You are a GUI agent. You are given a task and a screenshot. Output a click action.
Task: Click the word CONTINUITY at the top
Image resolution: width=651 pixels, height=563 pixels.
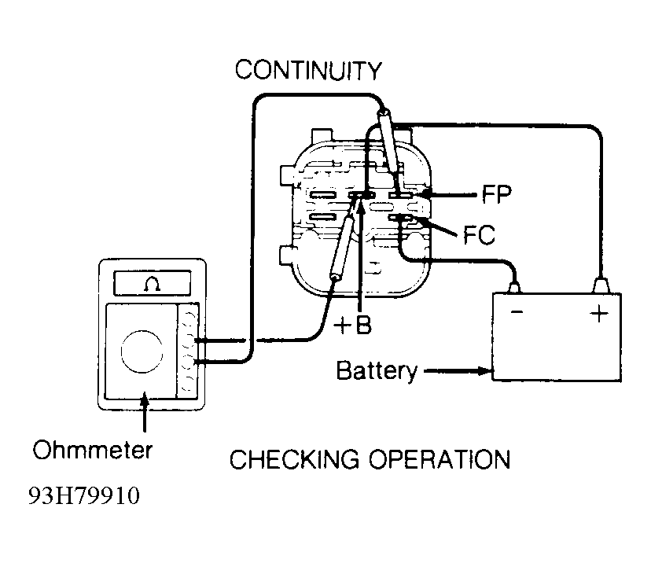[308, 71]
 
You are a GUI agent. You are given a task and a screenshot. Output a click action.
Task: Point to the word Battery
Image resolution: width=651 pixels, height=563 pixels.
[377, 370]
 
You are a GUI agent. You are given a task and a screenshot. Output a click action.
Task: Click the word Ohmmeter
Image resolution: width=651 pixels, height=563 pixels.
[93, 451]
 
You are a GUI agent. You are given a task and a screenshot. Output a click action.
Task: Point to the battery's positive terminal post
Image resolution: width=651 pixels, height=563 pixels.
[601, 284]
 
